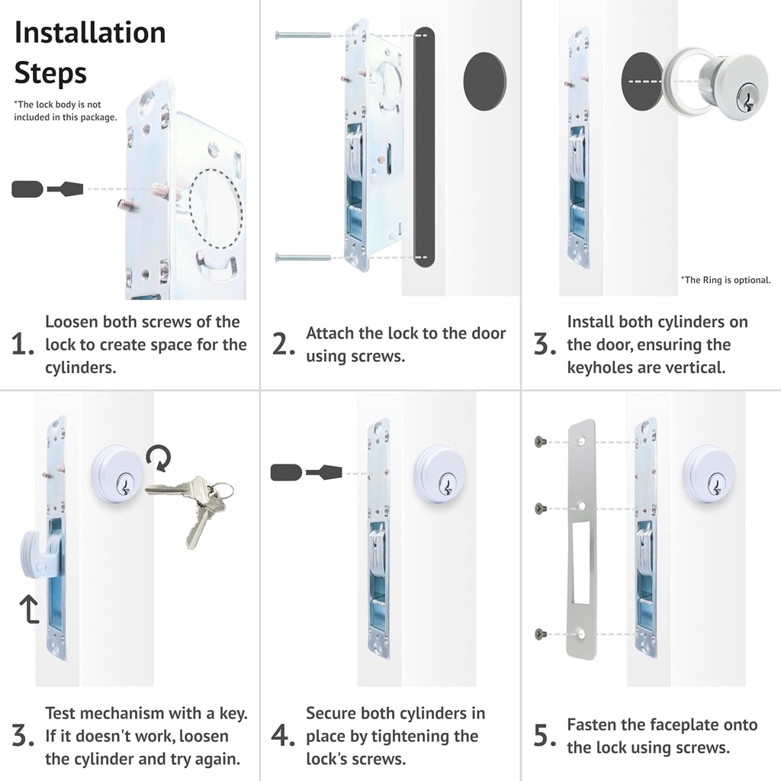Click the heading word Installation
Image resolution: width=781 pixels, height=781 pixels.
coord(90,33)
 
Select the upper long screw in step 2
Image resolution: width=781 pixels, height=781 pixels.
coord(303,35)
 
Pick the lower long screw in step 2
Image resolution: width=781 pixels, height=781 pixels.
coord(303,258)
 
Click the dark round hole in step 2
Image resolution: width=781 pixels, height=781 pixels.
coord(485,76)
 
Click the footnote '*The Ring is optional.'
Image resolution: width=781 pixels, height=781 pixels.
coord(725,280)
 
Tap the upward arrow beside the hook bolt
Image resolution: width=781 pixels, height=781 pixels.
coord(29,609)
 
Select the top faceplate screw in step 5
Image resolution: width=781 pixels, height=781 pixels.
coord(541,442)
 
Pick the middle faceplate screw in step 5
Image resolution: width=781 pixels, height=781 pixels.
coord(541,508)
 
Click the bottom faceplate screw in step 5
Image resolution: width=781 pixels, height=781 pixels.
coord(541,634)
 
